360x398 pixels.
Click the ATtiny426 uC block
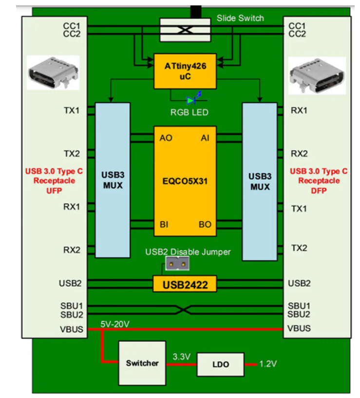(x=185, y=71)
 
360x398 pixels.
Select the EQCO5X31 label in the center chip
(x=185, y=181)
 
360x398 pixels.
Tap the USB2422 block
(x=185, y=284)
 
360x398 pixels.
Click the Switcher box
(x=142, y=363)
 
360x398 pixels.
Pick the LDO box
(x=221, y=364)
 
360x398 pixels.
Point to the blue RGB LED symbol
(x=194, y=98)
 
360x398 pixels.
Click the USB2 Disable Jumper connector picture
(x=177, y=264)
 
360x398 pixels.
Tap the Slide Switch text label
(x=240, y=18)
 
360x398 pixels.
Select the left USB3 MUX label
(x=113, y=180)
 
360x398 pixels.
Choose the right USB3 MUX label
(x=260, y=181)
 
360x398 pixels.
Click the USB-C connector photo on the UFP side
(x=53, y=73)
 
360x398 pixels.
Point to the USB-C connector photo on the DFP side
(x=317, y=76)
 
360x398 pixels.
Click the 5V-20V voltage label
(x=115, y=324)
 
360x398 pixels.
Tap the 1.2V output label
(x=268, y=364)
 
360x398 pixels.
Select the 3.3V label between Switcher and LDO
(x=182, y=357)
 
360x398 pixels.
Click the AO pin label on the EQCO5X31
(x=166, y=138)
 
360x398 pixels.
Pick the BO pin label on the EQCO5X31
(x=205, y=224)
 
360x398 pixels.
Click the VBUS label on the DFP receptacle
(x=299, y=328)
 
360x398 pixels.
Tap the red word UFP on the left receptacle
(x=54, y=190)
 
